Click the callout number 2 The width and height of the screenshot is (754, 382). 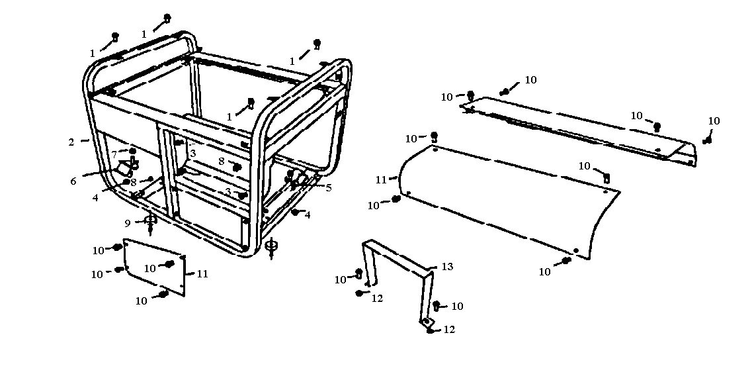[x=71, y=142]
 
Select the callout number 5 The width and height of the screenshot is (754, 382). [x=329, y=187]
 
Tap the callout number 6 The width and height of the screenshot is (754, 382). [x=73, y=181]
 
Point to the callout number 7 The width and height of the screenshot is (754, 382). [x=114, y=154]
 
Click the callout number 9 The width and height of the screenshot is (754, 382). [x=128, y=222]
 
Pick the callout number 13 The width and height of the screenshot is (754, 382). [x=448, y=267]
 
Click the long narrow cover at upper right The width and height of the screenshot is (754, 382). [x=575, y=129]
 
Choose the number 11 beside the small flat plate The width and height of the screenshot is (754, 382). [x=202, y=273]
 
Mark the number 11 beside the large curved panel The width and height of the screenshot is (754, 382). [x=381, y=179]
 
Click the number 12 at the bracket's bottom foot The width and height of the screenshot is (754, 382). [x=450, y=330]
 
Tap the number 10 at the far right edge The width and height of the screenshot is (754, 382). [x=714, y=121]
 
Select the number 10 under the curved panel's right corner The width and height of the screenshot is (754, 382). [x=545, y=271]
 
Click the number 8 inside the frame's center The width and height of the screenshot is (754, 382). [x=222, y=161]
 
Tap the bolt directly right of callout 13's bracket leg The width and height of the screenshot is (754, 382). [x=437, y=305]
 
